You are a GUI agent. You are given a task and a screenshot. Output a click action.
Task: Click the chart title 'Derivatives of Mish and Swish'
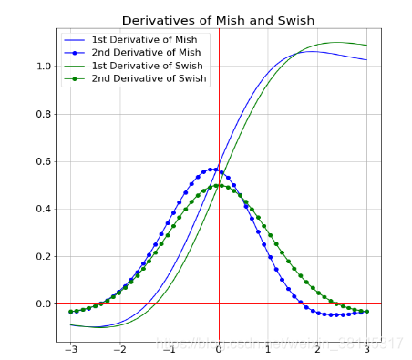(x=218, y=20)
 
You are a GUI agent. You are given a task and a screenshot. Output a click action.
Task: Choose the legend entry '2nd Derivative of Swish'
(x=150, y=78)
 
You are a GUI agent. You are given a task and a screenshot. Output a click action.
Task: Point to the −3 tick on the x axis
(x=69, y=350)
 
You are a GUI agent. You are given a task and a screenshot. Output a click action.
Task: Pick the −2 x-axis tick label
(x=118, y=350)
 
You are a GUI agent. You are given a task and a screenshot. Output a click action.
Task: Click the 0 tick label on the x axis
(x=219, y=350)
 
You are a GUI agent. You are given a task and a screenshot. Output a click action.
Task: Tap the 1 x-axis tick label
(x=268, y=350)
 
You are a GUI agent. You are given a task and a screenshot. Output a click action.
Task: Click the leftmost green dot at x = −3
(x=71, y=312)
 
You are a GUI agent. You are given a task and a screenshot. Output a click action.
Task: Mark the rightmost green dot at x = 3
(x=366, y=312)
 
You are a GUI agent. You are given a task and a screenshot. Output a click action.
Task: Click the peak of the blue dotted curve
(x=214, y=169)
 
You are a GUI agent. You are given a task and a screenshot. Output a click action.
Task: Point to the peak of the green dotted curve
(x=219, y=185)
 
